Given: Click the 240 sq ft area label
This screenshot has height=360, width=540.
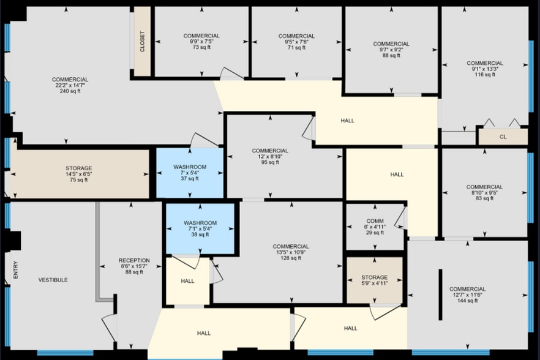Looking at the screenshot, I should [x=70, y=91].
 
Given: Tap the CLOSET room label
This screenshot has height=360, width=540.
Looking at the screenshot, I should [x=143, y=42].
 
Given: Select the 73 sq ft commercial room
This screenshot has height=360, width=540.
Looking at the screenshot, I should [x=201, y=42].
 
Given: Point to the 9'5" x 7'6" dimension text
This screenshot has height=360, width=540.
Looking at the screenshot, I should [x=296, y=42].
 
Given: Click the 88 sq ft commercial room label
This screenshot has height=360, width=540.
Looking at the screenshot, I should [x=391, y=50].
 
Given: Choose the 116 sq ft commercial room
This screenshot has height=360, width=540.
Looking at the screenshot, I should [x=484, y=69].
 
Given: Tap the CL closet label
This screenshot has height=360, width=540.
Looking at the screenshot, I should [x=503, y=137].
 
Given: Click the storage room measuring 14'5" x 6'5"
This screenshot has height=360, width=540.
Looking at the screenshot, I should [x=79, y=174].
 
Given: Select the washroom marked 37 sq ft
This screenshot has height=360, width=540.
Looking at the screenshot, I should [x=190, y=173].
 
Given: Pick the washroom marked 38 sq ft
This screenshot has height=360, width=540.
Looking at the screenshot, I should [x=200, y=228].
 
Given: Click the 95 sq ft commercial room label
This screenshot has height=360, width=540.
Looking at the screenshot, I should [x=270, y=157].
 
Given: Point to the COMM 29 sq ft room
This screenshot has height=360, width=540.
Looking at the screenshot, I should [x=375, y=227].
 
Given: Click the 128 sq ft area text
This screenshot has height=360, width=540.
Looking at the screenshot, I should [x=291, y=258].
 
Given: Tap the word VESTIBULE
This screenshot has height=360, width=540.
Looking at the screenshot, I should [x=53, y=280].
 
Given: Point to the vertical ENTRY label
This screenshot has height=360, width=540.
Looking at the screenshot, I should [x=15, y=271].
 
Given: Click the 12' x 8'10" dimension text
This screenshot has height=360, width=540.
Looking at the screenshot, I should [x=270, y=157].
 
